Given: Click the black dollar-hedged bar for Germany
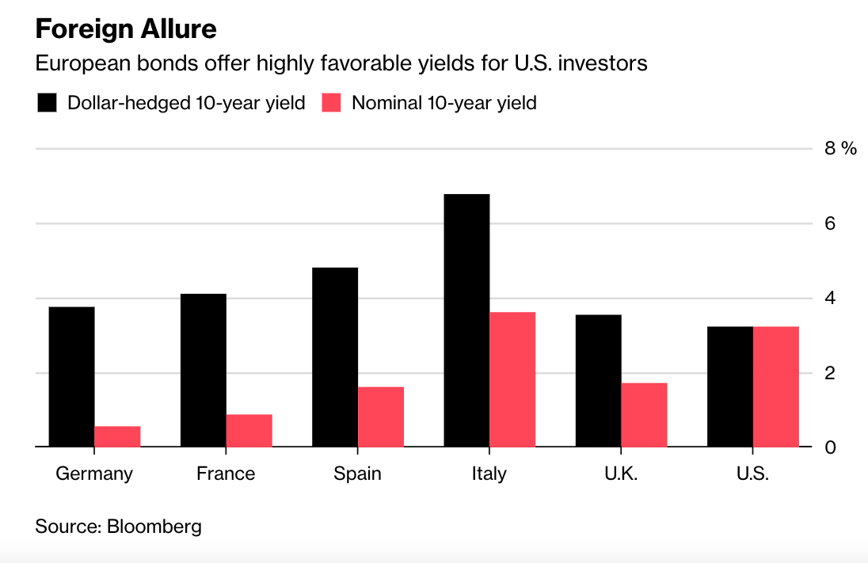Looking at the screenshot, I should [x=71, y=377].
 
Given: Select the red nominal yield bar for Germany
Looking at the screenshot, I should [x=117, y=437].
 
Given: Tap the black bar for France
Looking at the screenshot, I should [x=203, y=371].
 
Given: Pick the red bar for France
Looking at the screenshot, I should [x=249, y=431].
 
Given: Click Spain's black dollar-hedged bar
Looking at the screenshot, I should [x=334, y=357].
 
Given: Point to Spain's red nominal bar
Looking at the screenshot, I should [x=380, y=417].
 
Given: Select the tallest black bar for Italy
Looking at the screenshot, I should [x=466, y=321].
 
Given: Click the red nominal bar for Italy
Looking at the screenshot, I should [x=512, y=380].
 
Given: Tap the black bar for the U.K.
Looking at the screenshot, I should [x=598, y=381].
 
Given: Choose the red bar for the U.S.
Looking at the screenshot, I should [x=775, y=387].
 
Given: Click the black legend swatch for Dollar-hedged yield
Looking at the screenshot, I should [x=48, y=103].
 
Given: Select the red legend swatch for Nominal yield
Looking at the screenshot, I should [x=332, y=103].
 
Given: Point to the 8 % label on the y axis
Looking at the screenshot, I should [x=839, y=149].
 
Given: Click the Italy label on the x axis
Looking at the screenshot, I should [x=489, y=474].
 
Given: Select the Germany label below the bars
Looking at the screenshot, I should [x=94, y=474].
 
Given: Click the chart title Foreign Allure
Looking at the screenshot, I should [x=126, y=29].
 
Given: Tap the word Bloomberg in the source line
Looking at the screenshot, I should [x=154, y=527].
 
